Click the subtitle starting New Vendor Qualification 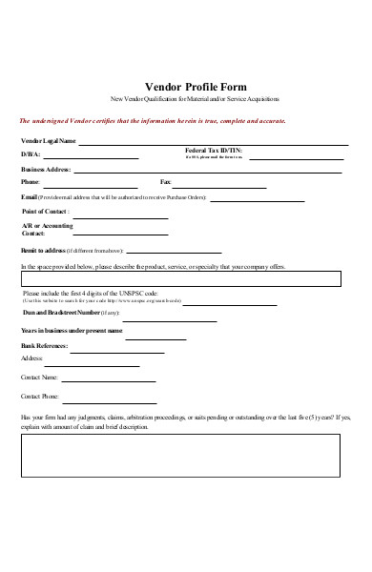click(195, 99)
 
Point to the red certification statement click(152, 121)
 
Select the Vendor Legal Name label click(47, 140)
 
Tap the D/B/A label click(30, 153)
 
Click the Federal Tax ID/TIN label click(209, 152)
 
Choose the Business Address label click(46, 168)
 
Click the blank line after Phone click(90, 183)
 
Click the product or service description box click(180, 278)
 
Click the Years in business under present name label click(72, 331)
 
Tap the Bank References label click(43, 345)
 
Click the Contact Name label click(40, 377)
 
